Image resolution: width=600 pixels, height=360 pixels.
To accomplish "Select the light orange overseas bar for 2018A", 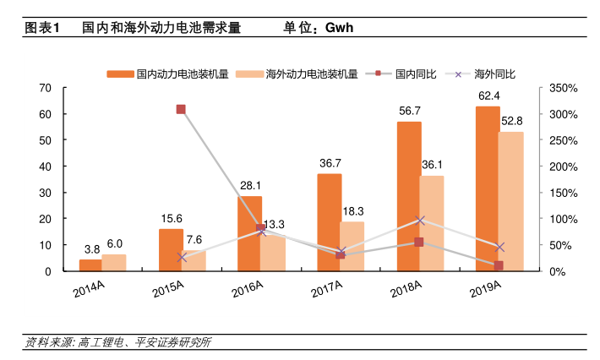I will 431,223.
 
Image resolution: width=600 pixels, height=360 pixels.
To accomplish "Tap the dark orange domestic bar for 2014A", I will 90,265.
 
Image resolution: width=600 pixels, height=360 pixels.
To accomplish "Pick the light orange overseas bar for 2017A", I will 352,246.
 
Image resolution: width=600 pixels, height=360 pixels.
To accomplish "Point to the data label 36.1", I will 431,165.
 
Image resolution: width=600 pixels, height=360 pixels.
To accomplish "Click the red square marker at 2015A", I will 181,109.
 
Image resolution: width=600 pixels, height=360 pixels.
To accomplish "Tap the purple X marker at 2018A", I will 420,220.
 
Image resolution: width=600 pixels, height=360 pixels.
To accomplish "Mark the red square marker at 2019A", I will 499,265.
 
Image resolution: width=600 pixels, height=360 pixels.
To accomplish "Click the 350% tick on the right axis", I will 562,88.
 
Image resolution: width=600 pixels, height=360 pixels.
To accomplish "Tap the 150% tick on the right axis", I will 562,193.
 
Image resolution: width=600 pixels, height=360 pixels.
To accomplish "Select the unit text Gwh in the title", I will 335,27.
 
